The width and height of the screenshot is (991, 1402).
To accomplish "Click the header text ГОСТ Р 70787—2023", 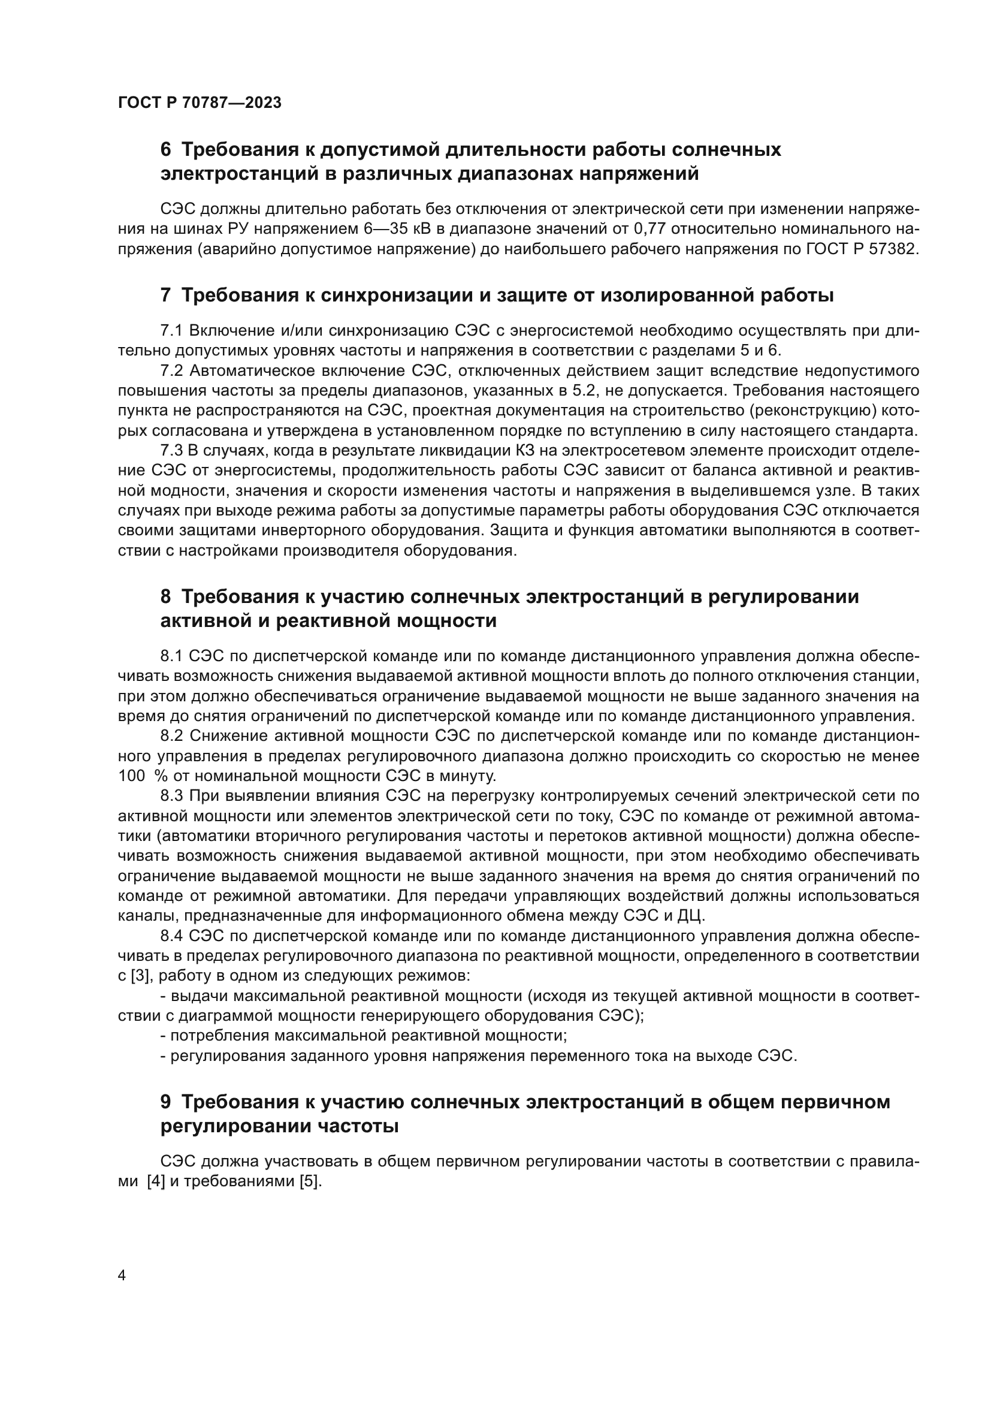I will [x=200, y=102].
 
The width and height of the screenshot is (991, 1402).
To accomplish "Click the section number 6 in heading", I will [x=165, y=150].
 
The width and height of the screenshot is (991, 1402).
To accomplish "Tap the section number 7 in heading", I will [x=165, y=296].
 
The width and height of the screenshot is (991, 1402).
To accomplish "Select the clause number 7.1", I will [x=171, y=331].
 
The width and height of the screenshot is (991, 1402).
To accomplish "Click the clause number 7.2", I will [x=171, y=370].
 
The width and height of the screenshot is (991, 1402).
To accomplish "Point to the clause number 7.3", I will [x=171, y=451].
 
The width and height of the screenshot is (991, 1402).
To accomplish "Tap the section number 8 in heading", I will [x=165, y=596].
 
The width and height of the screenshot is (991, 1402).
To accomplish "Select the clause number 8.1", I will [x=171, y=656].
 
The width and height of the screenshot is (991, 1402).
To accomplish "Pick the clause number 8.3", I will [x=171, y=795].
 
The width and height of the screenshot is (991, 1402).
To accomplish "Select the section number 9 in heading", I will [x=165, y=1102].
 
